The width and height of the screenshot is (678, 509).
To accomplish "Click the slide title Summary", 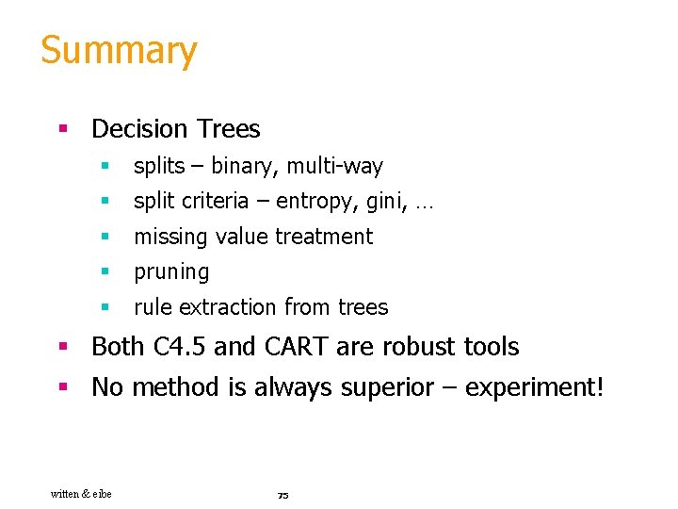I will coord(119,51).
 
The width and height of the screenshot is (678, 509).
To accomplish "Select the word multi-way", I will coord(334,167).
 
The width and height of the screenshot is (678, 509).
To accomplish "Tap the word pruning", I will coord(171,272).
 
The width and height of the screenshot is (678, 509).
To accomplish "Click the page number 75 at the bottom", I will coord(282,495).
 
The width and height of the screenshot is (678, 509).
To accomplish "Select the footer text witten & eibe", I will coord(81,494).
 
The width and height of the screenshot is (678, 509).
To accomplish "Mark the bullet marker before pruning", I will coord(106,272).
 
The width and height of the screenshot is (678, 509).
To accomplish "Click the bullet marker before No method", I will coord(63,387).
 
